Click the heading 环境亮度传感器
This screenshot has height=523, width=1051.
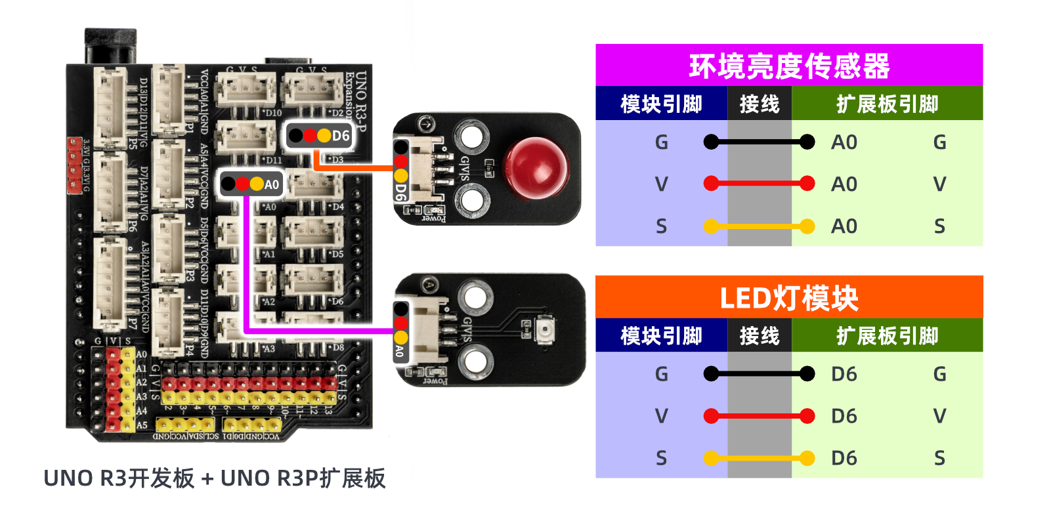click(788, 66)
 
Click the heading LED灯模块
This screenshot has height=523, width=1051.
click(788, 298)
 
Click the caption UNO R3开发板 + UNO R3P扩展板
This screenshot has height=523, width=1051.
click(214, 478)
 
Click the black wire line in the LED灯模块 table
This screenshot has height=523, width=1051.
click(759, 374)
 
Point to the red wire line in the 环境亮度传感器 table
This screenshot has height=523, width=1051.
click(759, 184)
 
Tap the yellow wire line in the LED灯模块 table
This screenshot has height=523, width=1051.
click(759, 458)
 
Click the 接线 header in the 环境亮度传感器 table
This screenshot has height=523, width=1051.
click(759, 104)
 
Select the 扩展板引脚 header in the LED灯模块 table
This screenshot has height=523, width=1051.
click(887, 336)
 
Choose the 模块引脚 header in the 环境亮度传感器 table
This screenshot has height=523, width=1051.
click(661, 104)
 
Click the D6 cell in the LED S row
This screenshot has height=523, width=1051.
click(844, 458)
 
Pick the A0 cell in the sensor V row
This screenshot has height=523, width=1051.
click(844, 184)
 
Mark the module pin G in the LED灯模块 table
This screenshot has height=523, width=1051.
click(661, 374)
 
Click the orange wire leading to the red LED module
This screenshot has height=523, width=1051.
click(354, 168)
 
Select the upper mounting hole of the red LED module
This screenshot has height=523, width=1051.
click(471, 136)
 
